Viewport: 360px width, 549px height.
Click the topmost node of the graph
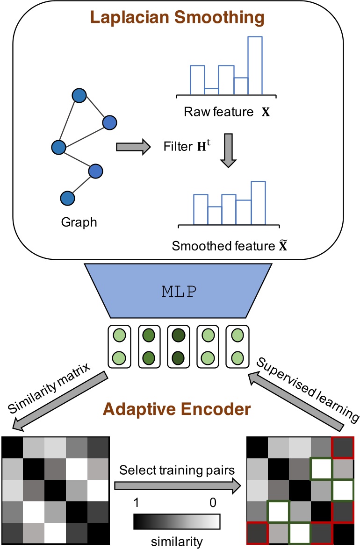[x=79, y=96]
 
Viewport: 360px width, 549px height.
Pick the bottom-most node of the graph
[x=68, y=198]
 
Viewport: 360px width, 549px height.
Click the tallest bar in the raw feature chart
[x=255, y=65]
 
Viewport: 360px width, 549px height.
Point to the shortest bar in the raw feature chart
[x=211, y=91]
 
